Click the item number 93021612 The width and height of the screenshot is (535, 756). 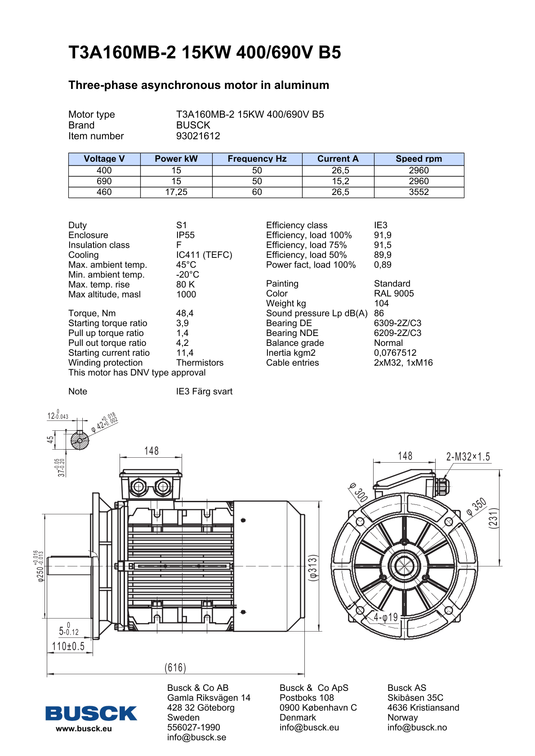[198, 136]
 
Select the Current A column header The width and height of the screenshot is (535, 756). [338, 159]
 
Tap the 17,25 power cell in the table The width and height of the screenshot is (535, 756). [176, 192]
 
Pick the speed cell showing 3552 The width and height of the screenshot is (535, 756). [419, 192]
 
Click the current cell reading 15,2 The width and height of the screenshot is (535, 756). [340, 181]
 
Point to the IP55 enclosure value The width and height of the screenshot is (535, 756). [185, 235]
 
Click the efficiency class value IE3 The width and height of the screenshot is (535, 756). [380, 225]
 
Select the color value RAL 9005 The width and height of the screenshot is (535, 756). [394, 294]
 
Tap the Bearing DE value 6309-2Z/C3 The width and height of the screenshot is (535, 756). [397, 323]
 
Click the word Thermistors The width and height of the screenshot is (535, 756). [200, 363]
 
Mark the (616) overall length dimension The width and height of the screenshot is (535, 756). [175, 668]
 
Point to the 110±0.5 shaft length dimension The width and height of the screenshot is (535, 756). [68, 646]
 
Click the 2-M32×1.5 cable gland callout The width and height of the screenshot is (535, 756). [468, 457]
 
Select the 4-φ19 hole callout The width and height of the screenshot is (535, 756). [386, 618]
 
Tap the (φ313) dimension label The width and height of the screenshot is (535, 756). [313, 567]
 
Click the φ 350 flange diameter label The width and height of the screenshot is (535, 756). [477, 506]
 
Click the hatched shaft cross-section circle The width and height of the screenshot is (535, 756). [80, 441]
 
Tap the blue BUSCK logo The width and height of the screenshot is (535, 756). [91, 713]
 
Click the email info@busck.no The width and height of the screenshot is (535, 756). [417, 728]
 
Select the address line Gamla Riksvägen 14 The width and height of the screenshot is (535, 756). [209, 698]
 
